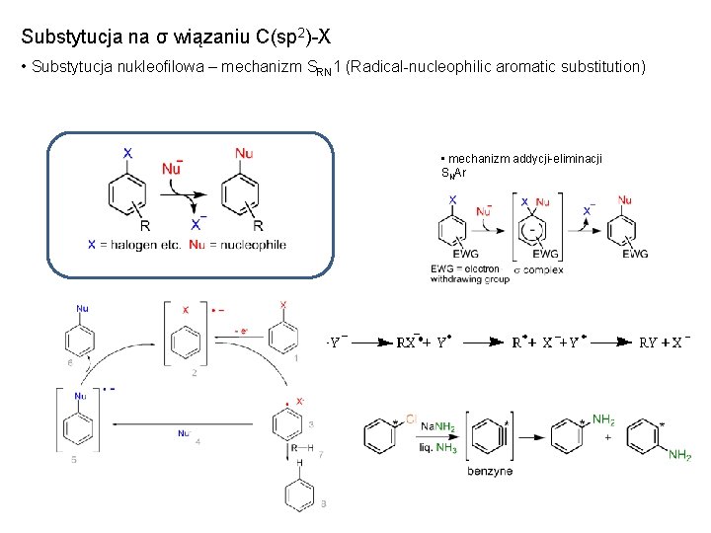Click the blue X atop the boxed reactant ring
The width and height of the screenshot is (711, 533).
pos(127,153)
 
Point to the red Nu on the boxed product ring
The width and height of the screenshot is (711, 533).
pos(244,153)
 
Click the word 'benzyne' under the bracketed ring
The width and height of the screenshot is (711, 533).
pos(490,471)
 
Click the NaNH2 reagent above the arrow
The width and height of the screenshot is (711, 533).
pos(438,426)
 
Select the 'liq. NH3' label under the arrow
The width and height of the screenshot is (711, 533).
pos(438,448)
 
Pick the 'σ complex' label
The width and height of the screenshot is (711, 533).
pos(538,268)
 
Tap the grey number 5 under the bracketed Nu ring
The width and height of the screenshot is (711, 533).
pos(72,459)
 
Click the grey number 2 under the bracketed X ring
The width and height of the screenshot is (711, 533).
pos(195,372)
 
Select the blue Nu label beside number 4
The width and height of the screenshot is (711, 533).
pos(183,432)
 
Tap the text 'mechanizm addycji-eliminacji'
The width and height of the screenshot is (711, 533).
pos(523,159)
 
